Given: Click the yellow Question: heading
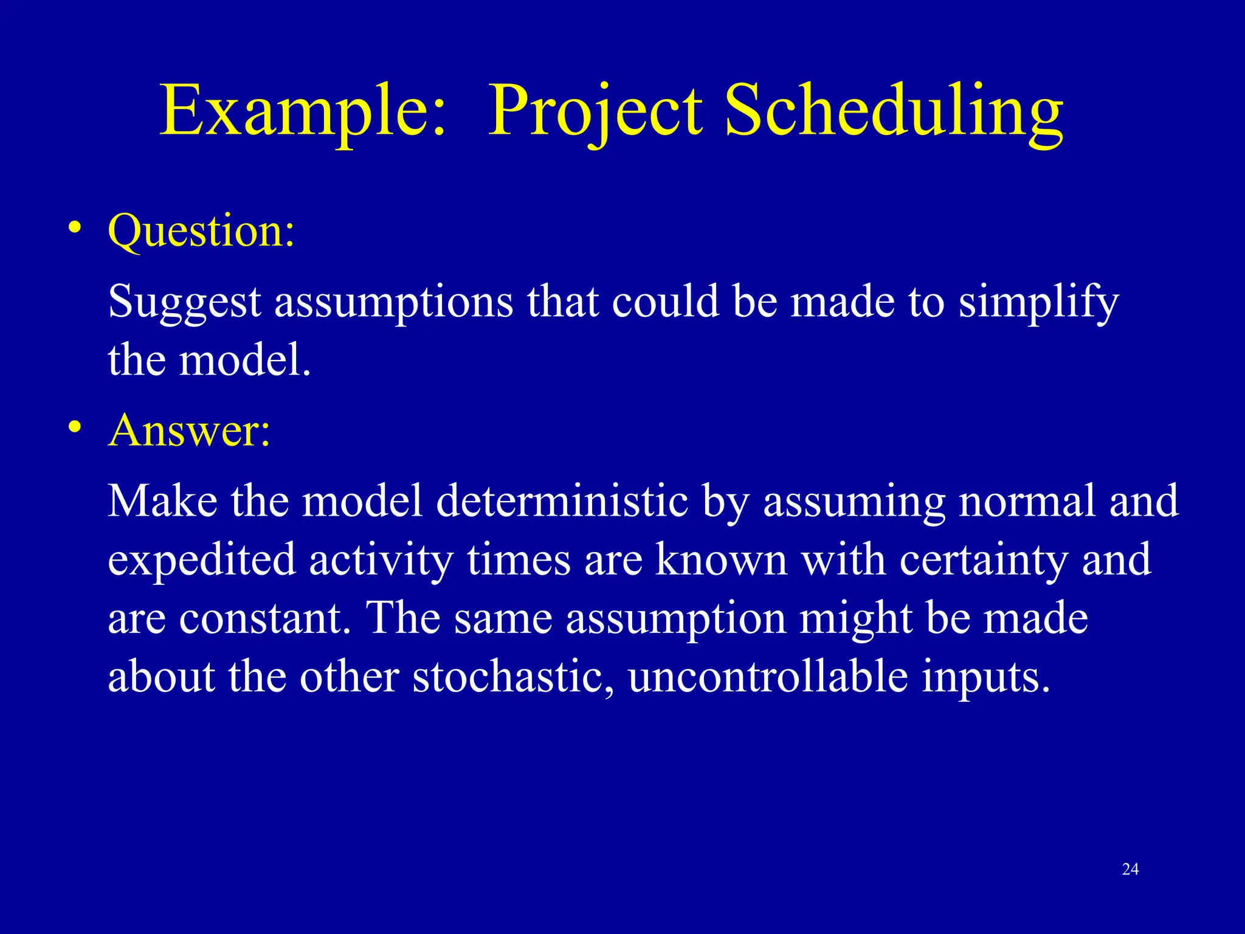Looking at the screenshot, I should [x=201, y=232].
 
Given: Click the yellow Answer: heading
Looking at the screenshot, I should [x=189, y=431].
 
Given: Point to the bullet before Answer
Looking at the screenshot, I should [x=74, y=427].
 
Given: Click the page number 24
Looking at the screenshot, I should [x=1130, y=870].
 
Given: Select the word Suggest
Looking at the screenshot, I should [x=184, y=302].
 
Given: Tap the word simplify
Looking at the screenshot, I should [x=1038, y=302].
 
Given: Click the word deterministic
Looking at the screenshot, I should [x=562, y=501].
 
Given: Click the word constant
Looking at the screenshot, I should [x=264, y=618].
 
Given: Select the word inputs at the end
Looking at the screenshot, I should [x=985, y=677].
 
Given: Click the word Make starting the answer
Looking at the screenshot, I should [x=162, y=501].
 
